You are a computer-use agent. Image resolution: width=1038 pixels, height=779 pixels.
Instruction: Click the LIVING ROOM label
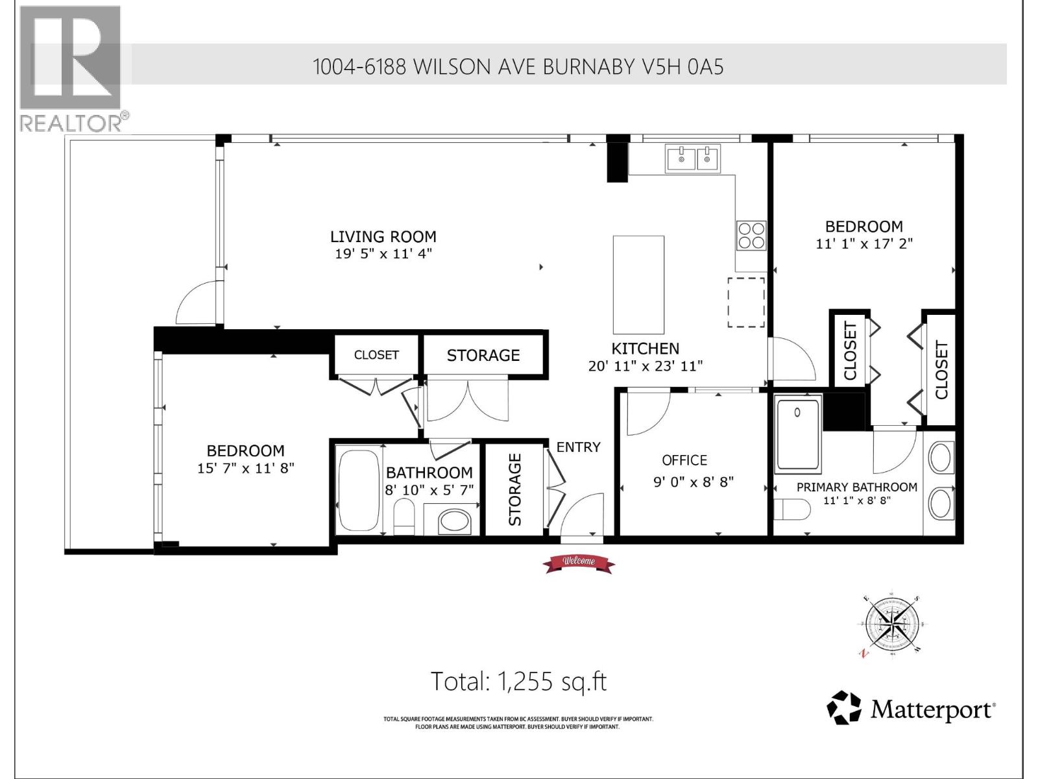pyautogui.click(x=383, y=237)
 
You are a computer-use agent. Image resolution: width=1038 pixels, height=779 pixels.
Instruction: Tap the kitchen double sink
pyautogui.click(x=692, y=158)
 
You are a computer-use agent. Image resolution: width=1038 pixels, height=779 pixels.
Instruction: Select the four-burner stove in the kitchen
pyautogui.click(x=751, y=235)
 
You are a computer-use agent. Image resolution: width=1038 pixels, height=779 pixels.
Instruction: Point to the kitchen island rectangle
pyautogui.click(x=638, y=284)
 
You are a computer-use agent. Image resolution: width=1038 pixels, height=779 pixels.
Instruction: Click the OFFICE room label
pyautogui.click(x=684, y=460)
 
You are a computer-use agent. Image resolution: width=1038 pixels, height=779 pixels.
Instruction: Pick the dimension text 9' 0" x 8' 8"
pyautogui.click(x=693, y=482)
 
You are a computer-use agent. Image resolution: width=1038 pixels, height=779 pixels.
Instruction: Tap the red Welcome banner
pyautogui.click(x=579, y=563)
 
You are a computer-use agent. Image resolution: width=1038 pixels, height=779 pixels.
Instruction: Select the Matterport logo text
pyautogui.click(x=931, y=710)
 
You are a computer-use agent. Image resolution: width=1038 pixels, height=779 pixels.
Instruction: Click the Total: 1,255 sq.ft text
pyautogui.click(x=519, y=682)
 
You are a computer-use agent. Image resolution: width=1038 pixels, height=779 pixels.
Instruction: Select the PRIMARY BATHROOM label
pyautogui.click(x=856, y=487)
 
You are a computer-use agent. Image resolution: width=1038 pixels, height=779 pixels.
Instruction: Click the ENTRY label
pyautogui.click(x=578, y=447)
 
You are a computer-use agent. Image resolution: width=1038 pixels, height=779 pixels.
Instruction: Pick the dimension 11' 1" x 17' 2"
pyautogui.click(x=863, y=244)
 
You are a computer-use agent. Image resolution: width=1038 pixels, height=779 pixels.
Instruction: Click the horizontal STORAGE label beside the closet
pyautogui.click(x=483, y=355)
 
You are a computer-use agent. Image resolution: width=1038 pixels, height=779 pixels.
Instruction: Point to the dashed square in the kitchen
pyautogui.click(x=746, y=303)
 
